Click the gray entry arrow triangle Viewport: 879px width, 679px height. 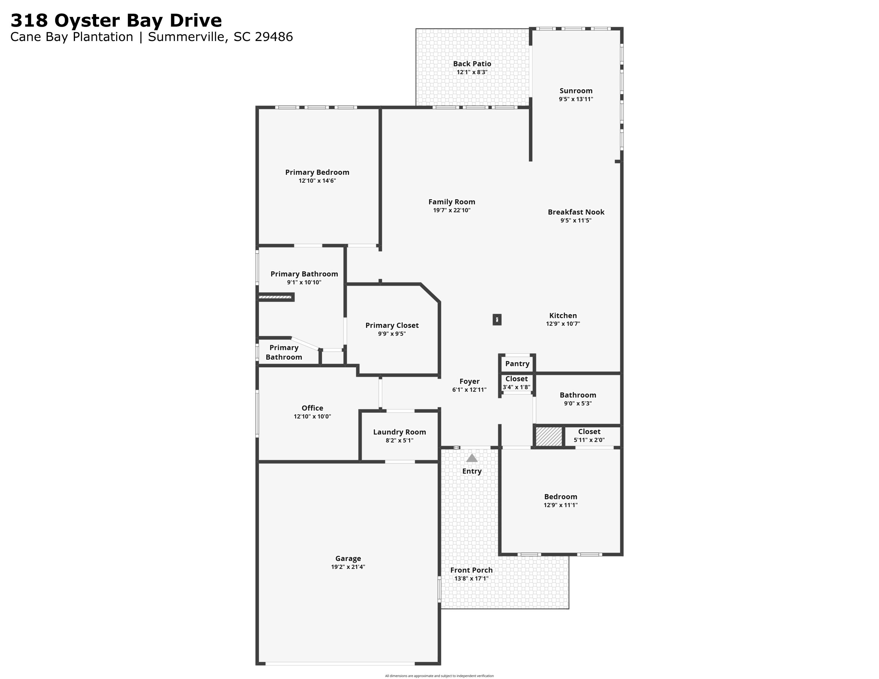click(x=472, y=458)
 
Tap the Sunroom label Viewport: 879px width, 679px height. click(x=576, y=91)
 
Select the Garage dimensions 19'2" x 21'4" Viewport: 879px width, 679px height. click(x=348, y=567)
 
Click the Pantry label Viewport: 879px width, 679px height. click(x=517, y=364)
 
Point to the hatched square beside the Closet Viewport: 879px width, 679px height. click(x=548, y=436)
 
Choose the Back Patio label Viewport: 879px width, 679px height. click(x=472, y=64)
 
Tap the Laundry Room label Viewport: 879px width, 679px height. click(x=399, y=432)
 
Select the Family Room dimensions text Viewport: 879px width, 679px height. click(x=452, y=210)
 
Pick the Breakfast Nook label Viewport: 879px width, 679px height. click(x=576, y=212)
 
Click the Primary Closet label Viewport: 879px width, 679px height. click(x=392, y=325)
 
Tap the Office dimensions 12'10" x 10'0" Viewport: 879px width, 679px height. click(x=312, y=416)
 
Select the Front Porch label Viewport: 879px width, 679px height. click(x=471, y=570)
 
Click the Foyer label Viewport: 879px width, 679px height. click(x=469, y=381)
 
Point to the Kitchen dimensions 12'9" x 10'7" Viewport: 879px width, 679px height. click(x=563, y=324)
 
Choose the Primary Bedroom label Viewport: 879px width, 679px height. click(x=317, y=172)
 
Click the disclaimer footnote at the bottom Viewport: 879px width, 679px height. click(x=439, y=676)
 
